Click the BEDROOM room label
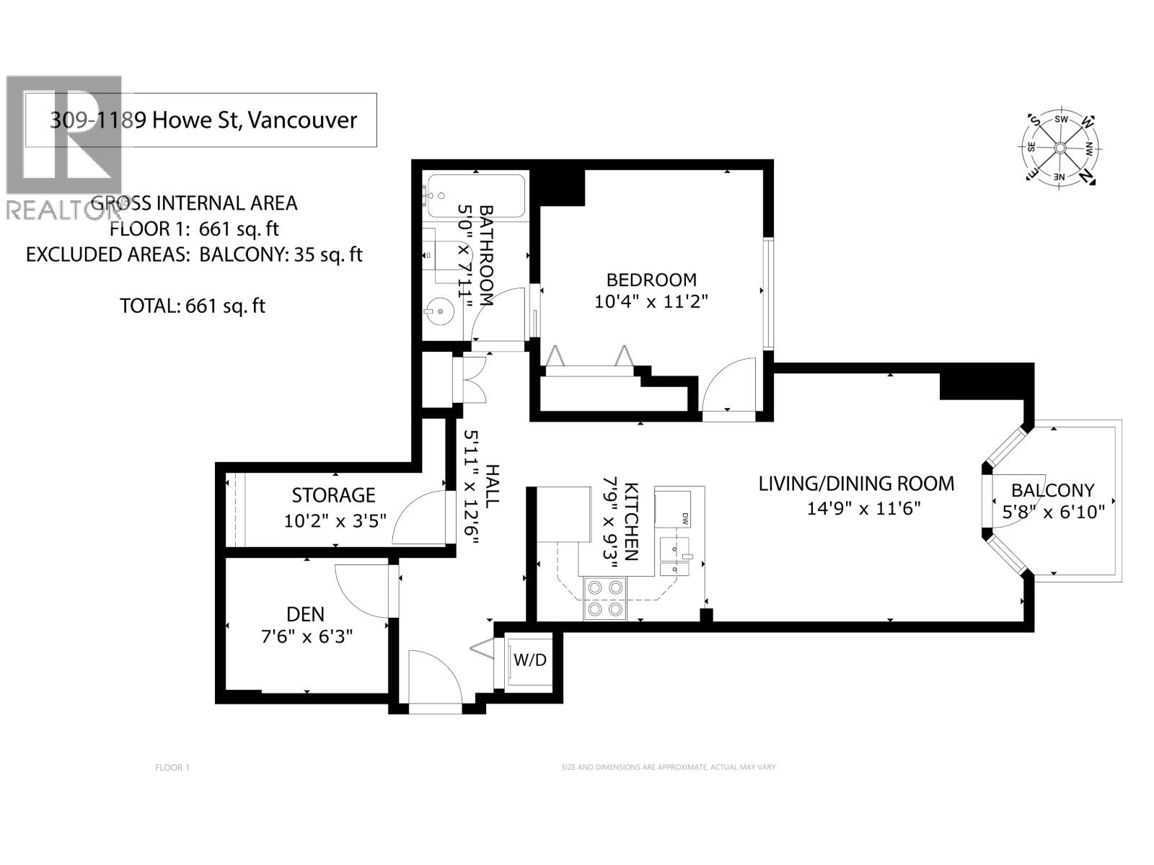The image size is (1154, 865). [651, 280]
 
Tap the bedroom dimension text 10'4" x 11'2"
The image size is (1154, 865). [651, 302]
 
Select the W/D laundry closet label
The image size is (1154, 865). [529, 660]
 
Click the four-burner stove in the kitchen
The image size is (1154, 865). [604, 598]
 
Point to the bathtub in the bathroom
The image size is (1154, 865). [475, 195]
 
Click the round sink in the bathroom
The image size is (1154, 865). [439, 312]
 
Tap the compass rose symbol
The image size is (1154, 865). [1060, 148]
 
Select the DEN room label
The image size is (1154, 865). [305, 614]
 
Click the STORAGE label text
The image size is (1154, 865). [333, 495]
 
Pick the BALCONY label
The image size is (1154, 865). [1052, 491]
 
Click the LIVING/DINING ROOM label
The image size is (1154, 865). [856, 484]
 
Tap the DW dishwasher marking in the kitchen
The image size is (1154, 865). [684, 518]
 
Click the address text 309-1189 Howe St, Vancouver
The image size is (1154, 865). [203, 120]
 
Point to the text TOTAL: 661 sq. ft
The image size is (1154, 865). [192, 306]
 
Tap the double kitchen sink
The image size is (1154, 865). [674, 558]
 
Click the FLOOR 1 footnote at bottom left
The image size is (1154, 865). [172, 768]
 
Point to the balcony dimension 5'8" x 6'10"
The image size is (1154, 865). [1053, 513]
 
